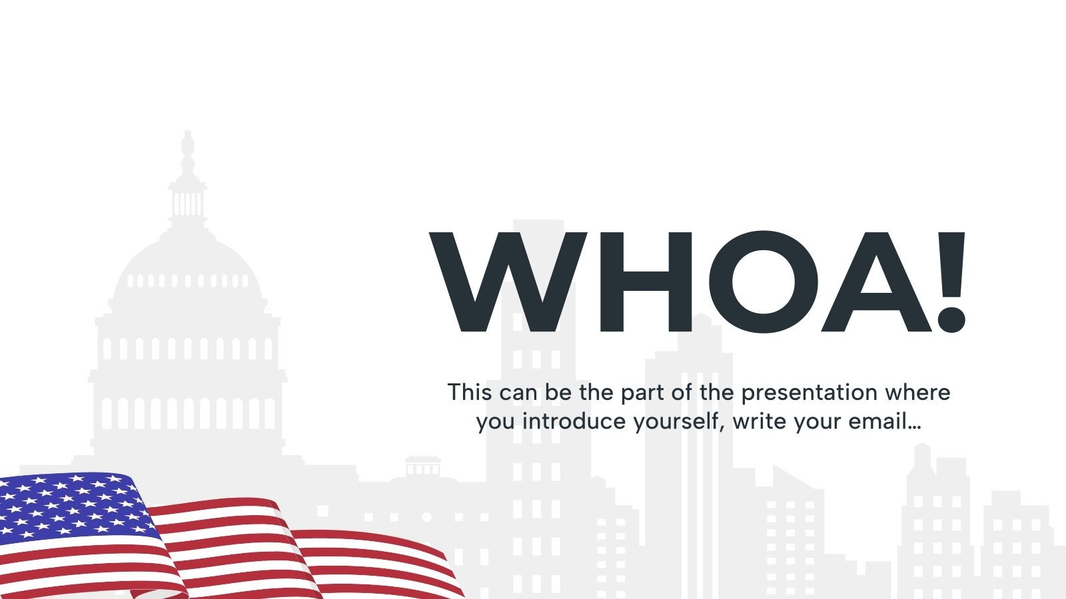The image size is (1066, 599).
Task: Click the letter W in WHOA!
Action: (508, 283)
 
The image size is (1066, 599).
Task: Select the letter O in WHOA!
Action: (761, 283)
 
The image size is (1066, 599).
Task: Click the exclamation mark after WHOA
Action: (951, 283)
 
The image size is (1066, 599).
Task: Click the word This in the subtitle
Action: (469, 392)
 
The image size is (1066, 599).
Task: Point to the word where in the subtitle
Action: (917, 392)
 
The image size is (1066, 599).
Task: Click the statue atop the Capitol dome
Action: (188, 150)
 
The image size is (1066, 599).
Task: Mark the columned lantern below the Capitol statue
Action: (188, 200)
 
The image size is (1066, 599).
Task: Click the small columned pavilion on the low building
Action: (422, 466)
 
